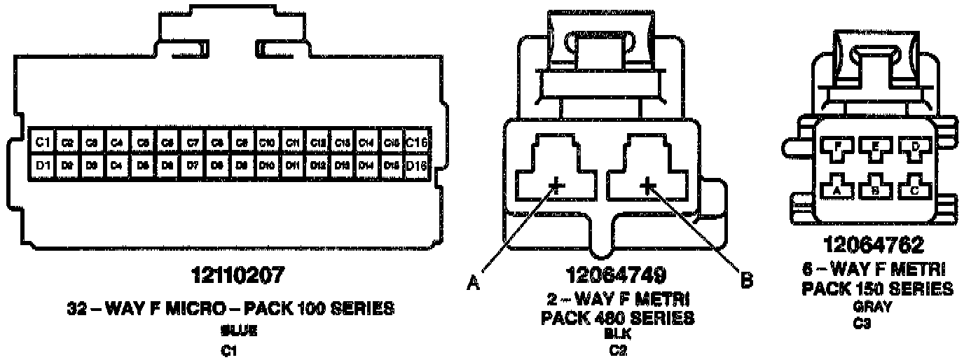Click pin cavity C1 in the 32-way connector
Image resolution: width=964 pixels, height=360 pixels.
pyautogui.click(x=43, y=142)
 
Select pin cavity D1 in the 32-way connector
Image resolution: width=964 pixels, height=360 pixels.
pyautogui.click(x=43, y=167)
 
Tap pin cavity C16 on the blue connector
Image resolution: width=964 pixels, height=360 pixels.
pyautogui.click(x=417, y=142)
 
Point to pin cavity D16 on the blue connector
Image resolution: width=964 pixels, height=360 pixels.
pyautogui.click(x=417, y=167)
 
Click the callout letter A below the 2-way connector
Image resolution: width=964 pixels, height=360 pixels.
pyautogui.click(x=474, y=284)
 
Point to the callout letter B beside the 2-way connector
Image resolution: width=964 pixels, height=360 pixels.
pyautogui.click(x=747, y=281)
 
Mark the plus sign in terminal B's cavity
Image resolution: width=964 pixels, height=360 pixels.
pyautogui.click(x=647, y=186)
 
